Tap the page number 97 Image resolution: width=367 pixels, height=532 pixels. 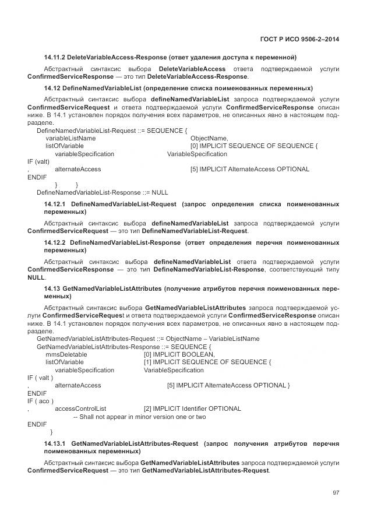click(x=336, y=493)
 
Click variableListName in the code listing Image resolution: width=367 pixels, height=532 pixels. click(x=70, y=138)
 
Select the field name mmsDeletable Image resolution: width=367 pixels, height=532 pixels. click(x=66, y=354)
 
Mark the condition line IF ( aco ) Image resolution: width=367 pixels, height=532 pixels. click(x=41, y=401)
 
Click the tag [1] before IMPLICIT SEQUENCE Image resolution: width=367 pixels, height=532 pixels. click(x=148, y=362)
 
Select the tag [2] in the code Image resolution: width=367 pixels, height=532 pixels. click(x=148, y=408)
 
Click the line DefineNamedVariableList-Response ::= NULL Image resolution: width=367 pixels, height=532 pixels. click(x=102, y=192)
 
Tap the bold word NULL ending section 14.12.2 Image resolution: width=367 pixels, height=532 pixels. click(x=36, y=278)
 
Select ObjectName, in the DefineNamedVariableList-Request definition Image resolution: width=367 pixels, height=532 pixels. click(x=209, y=138)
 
